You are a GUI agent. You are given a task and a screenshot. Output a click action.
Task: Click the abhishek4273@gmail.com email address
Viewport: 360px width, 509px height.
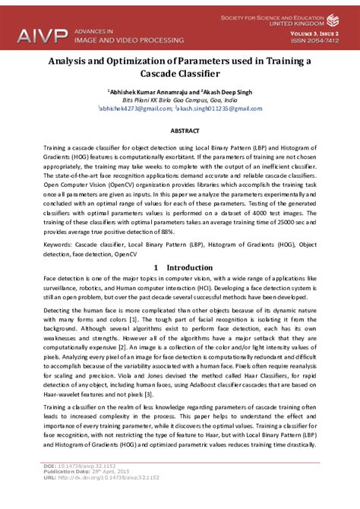tap(141, 109)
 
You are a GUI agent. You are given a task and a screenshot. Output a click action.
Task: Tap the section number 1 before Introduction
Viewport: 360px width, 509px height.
tap(155, 267)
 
